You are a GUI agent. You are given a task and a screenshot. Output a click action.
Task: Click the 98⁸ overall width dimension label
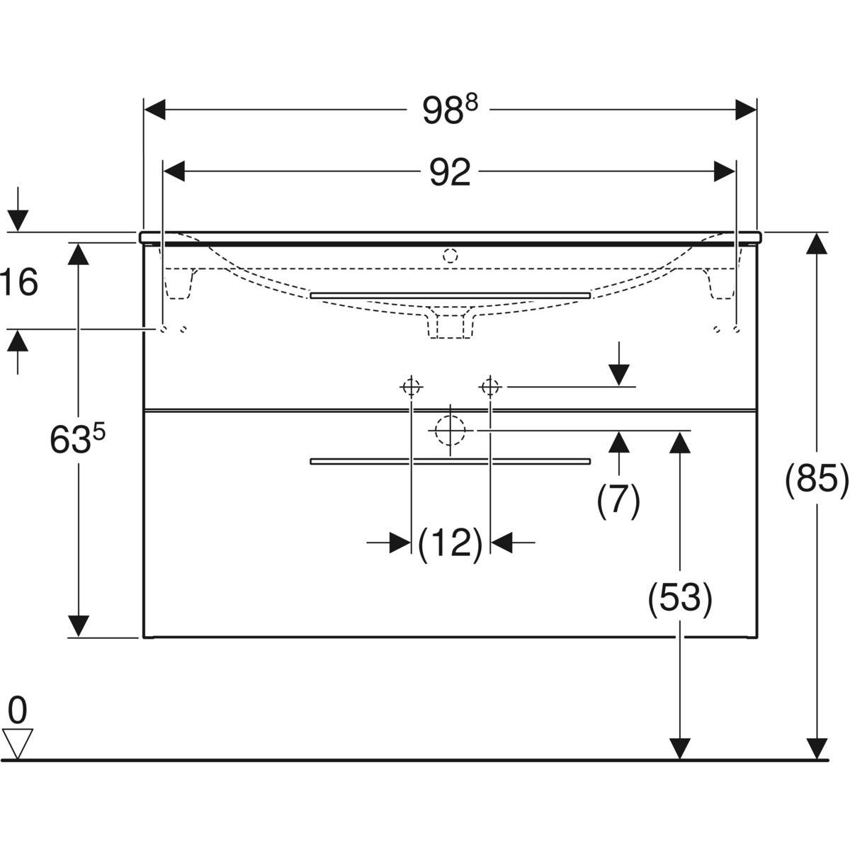(450, 110)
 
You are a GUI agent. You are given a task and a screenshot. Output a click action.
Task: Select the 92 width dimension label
(450, 172)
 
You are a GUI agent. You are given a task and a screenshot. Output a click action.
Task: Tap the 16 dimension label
(20, 283)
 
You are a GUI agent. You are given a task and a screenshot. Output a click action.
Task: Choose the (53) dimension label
(679, 599)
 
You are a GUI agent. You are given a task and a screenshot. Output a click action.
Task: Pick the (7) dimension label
(618, 501)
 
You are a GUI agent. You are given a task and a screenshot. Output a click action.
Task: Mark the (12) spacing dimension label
(450, 543)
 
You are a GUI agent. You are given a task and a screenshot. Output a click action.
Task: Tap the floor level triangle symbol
(18, 742)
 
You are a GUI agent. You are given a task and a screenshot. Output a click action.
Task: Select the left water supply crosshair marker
(411, 387)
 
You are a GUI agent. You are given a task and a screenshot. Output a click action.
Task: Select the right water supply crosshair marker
(490, 387)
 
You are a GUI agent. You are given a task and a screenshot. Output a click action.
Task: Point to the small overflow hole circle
(449, 255)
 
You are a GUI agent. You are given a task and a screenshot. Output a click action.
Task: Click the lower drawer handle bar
(450, 461)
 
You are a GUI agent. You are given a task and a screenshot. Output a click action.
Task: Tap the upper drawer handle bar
(450, 294)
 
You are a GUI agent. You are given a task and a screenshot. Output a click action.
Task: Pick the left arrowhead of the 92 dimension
(174, 172)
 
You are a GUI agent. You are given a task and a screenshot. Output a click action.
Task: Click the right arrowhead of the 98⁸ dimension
(746, 110)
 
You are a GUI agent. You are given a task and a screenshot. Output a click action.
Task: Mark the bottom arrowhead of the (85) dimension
(817, 748)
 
